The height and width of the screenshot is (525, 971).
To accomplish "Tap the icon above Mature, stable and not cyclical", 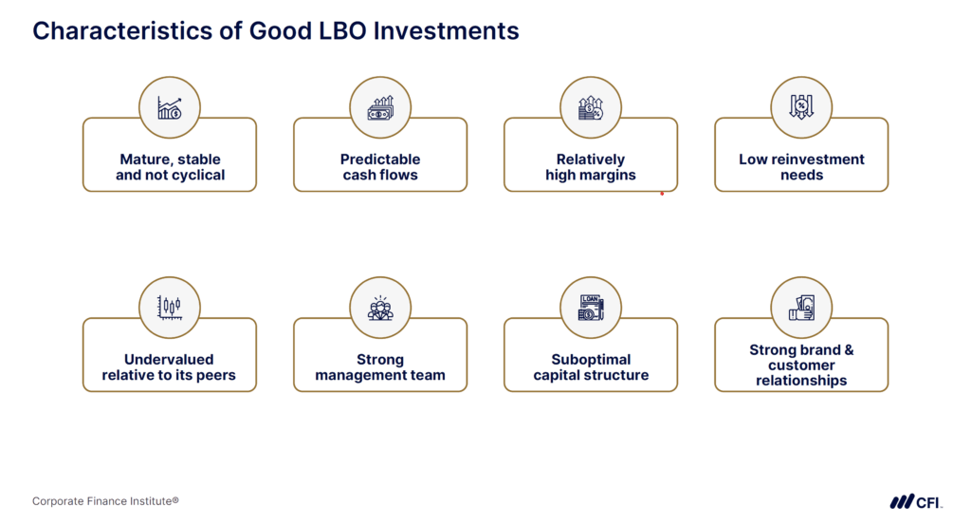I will point(170,107).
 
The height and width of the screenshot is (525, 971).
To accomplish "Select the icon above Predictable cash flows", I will point(380,107).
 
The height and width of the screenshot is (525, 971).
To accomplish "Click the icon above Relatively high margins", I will point(591,107).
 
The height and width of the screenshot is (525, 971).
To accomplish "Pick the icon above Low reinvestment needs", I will point(801,107).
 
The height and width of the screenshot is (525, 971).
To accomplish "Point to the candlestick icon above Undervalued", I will point(170,308).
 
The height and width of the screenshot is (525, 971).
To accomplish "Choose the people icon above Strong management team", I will point(380,308).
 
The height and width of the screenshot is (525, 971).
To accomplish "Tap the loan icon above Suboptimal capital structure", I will point(591,308).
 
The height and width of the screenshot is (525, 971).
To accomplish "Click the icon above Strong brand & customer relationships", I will point(801,308).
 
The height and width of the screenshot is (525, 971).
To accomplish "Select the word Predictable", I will point(380,159).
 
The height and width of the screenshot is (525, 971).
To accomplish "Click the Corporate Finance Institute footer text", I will point(105,501).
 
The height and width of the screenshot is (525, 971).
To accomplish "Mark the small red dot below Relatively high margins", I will point(662,194).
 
